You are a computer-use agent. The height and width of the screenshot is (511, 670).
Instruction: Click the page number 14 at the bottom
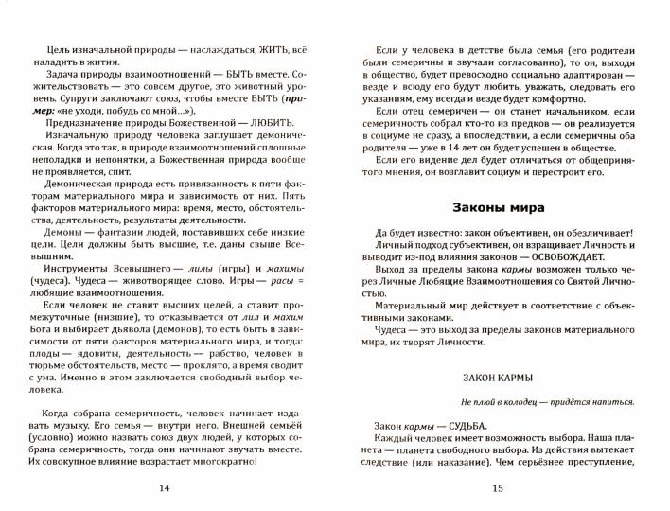(x=167, y=488)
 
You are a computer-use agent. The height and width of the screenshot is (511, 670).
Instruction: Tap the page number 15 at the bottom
(x=500, y=488)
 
